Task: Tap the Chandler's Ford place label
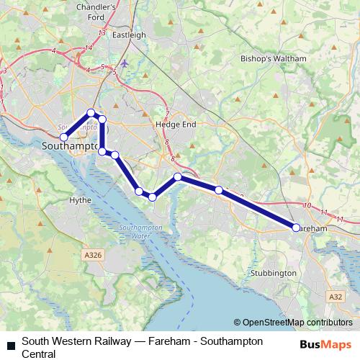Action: [116, 12]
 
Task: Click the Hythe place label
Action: [78, 200]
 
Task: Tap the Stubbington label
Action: [273, 274]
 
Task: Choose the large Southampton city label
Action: [71, 145]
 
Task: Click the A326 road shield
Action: [93, 254]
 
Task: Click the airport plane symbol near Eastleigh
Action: [125, 63]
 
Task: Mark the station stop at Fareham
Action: [296, 228]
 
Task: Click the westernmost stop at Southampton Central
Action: [63, 137]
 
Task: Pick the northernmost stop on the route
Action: [91, 112]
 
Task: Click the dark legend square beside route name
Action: [11, 347]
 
